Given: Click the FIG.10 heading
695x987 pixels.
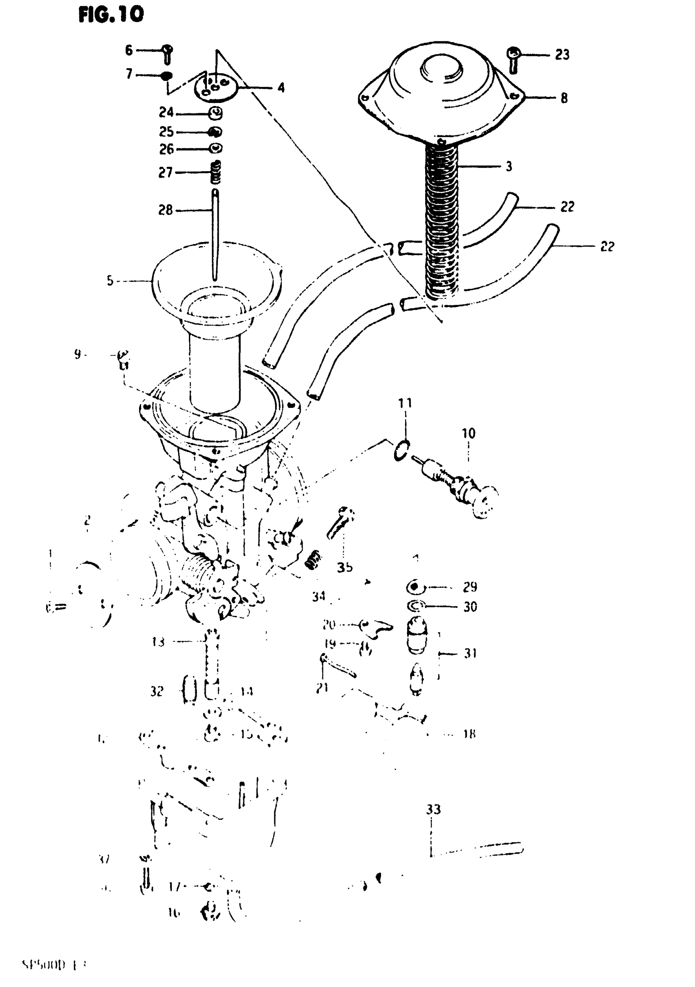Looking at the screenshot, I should (x=111, y=15).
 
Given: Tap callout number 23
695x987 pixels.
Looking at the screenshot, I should (x=562, y=55).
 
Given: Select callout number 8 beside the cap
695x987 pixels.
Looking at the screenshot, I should (x=564, y=98).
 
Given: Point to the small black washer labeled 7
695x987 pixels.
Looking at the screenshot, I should (x=166, y=76).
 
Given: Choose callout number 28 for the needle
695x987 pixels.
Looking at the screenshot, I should (x=166, y=210).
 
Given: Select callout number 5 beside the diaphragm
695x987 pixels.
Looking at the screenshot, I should (x=110, y=281).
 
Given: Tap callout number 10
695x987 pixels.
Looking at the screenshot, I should (x=469, y=433).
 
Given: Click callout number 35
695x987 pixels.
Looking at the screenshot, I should (x=345, y=567).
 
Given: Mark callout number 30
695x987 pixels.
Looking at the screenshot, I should (x=470, y=607).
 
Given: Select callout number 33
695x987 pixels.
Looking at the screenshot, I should (x=433, y=810).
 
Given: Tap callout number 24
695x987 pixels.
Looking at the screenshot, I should (x=166, y=113).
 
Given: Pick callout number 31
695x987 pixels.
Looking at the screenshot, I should (x=470, y=653).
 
